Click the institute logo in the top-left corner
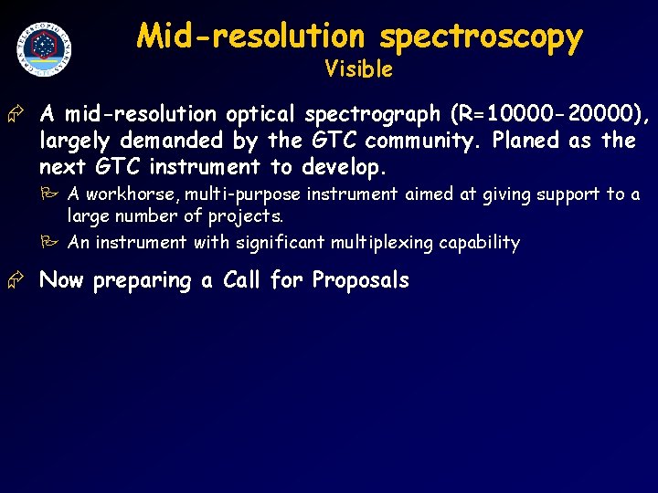[x=44, y=47]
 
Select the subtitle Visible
[x=358, y=69]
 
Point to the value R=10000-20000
[x=547, y=115]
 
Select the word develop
[x=341, y=168]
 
